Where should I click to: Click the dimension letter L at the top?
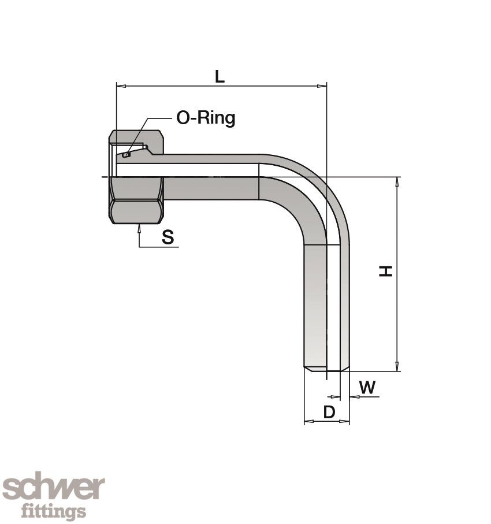click(220, 76)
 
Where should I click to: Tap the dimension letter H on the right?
click(385, 271)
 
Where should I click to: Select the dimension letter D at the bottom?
click(329, 412)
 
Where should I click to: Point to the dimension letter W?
click(367, 387)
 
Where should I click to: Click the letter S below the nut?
click(168, 237)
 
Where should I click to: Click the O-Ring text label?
click(206, 118)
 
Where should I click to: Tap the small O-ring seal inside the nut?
click(127, 154)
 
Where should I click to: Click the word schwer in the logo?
click(54, 489)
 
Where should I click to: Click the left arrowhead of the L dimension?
click(121, 86)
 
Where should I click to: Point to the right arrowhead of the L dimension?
click(322, 86)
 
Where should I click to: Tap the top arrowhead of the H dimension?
click(397, 182)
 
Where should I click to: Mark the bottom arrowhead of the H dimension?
click(397, 366)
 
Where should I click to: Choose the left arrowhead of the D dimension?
click(309, 421)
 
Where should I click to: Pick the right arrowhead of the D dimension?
click(344, 421)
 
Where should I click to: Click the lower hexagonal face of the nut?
click(136, 211)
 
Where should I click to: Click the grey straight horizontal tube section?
click(211, 188)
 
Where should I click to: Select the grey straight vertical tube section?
click(315, 306)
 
